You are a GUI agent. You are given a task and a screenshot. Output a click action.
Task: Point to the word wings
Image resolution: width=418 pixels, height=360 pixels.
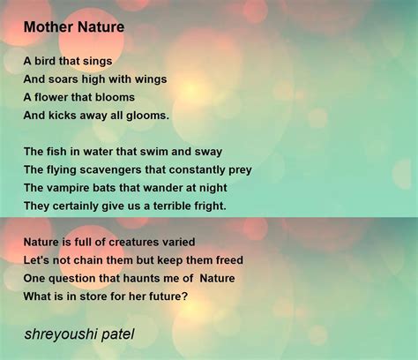149,79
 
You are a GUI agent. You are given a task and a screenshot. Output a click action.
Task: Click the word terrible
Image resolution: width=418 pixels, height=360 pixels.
165,206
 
